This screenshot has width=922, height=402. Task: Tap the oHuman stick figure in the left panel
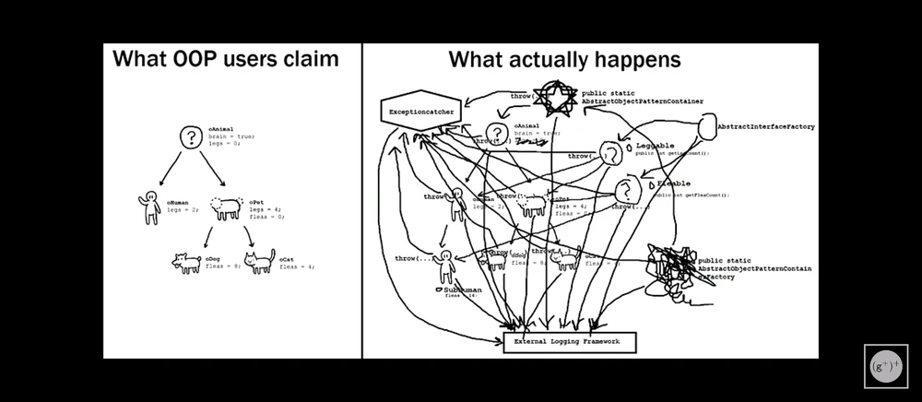(150, 207)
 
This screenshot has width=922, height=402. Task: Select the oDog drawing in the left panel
(187, 263)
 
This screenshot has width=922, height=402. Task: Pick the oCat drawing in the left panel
(259, 261)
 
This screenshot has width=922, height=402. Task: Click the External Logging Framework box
(570, 342)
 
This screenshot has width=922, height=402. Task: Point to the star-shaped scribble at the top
(558, 98)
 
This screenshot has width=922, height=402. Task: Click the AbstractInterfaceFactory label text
(765, 126)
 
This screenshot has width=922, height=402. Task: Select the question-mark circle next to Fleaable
(629, 192)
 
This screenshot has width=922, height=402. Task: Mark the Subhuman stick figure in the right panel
(446, 266)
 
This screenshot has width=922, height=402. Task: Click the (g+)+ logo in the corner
(885, 366)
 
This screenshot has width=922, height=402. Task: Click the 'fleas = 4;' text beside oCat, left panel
(297, 266)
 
